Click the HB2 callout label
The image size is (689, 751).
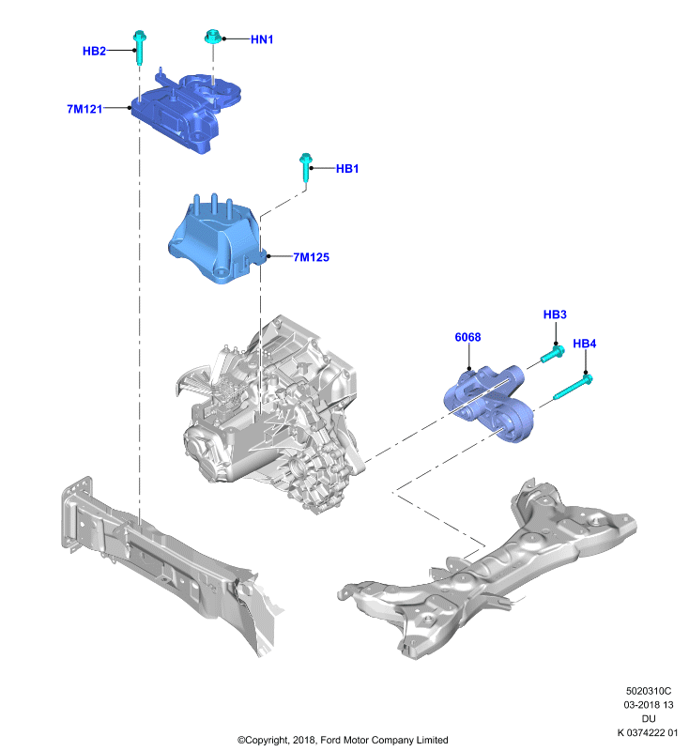pyautogui.click(x=94, y=51)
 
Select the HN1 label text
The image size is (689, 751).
pyautogui.click(x=262, y=39)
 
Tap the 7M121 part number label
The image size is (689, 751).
pyautogui.click(x=84, y=109)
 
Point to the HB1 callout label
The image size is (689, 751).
pyautogui.click(x=347, y=169)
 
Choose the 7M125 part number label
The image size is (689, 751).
pyautogui.click(x=312, y=257)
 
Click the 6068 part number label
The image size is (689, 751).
pyautogui.click(x=467, y=337)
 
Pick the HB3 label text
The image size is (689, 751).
pyautogui.click(x=555, y=314)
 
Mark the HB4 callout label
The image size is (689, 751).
pyautogui.click(x=585, y=344)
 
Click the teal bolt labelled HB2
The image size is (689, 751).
pyautogui.click(x=139, y=48)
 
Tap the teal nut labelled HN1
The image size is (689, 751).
pyautogui.click(x=212, y=37)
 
